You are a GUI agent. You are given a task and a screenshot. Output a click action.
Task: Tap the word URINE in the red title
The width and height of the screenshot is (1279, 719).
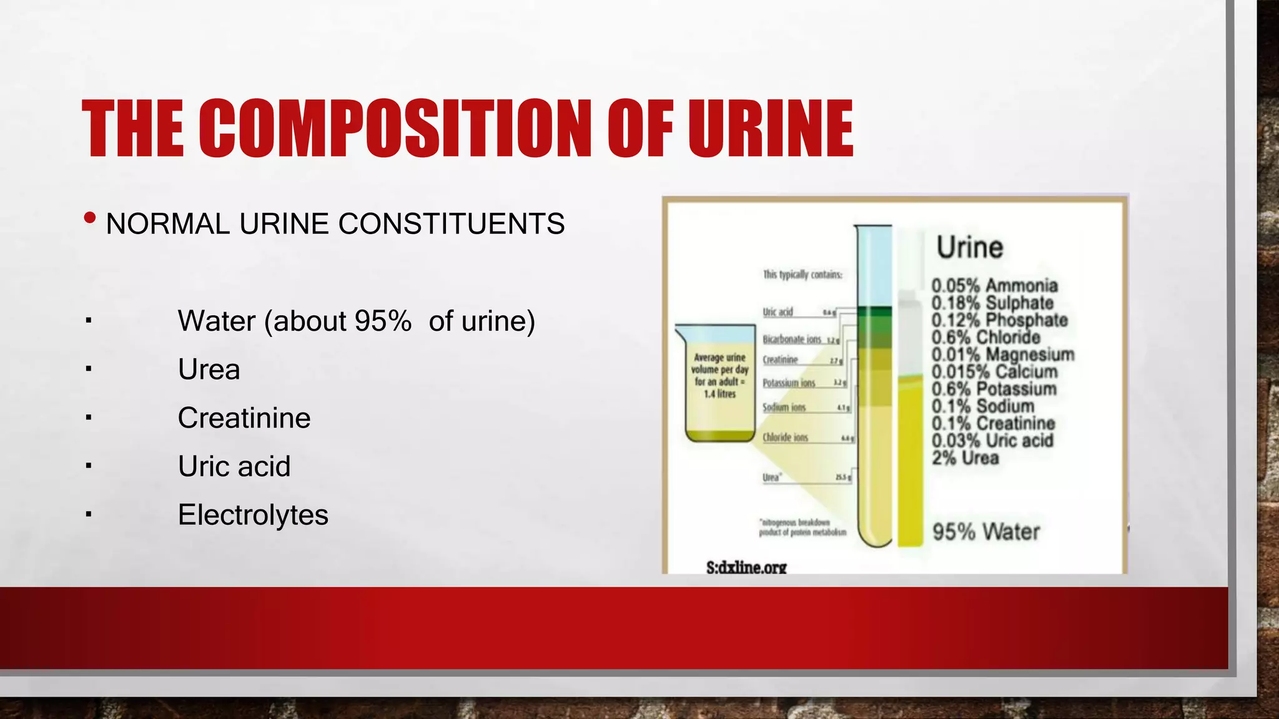(x=771, y=129)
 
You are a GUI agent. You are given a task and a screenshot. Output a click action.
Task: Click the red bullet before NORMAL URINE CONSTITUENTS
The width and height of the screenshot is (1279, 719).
(x=90, y=218)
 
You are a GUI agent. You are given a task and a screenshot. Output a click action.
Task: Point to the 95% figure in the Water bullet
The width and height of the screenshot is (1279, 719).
(x=382, y=321)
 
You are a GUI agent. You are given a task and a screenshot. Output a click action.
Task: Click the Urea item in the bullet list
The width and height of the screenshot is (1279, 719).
(x=209, y=369)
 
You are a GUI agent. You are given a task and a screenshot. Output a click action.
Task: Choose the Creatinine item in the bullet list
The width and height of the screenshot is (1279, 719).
(x=244, y=418)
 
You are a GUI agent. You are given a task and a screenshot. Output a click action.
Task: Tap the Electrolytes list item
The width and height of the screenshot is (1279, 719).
(x=253, y=515)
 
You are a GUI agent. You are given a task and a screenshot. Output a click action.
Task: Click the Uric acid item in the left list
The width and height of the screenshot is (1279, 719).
(x=234, y=466)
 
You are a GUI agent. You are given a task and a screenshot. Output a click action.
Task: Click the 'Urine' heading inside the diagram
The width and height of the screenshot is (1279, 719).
(x=969, y=247)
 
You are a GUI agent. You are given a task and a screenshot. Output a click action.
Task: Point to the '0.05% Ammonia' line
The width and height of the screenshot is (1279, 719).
(x=994, y=286)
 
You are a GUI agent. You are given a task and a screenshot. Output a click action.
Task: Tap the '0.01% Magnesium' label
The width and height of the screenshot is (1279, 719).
(x=1002, y=355)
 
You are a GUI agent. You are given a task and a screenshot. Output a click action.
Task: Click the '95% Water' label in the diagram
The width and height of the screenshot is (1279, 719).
(x=985, y=532)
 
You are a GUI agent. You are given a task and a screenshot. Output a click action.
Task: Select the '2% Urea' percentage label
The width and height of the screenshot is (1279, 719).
(x=965, y=458)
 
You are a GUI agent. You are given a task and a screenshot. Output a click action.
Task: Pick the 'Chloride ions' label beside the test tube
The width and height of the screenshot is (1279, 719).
(x=785, y=438)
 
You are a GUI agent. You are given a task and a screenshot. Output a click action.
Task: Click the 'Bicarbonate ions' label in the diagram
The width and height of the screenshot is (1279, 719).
(x=791, y=340)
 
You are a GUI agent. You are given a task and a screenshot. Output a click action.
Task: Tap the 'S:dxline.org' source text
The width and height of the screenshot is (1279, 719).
(x=746, y=567)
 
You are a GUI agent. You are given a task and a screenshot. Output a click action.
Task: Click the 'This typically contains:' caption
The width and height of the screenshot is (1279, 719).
(x=802, y=275)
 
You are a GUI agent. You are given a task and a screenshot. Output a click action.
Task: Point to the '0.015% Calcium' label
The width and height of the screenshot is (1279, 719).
(x=994, y=372)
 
